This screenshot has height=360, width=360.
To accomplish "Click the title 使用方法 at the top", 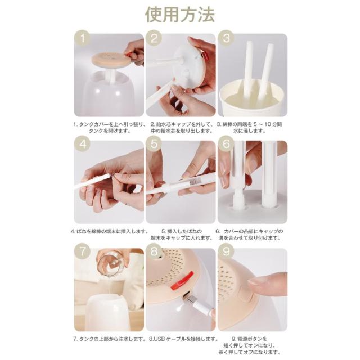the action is click(180, 15).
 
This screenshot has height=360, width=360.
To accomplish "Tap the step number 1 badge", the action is click(83, 38).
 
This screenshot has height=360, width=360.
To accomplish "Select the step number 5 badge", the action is click(154, 144).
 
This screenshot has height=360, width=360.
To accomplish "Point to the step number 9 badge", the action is click(226, 251).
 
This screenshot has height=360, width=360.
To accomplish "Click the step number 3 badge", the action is click(226, 38).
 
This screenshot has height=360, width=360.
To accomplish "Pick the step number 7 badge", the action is click(83, 251).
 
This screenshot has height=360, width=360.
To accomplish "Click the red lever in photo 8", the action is click(183, 280).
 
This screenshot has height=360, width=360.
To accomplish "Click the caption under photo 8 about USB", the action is click(183, 339).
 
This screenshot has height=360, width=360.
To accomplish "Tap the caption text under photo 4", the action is click(110, 231).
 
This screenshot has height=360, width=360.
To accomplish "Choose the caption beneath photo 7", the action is click(110, 339).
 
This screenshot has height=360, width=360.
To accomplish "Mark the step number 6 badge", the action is click(226, 144).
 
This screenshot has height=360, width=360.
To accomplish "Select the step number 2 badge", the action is click(154, 38).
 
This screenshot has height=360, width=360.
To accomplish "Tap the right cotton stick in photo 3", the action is click(265, 73).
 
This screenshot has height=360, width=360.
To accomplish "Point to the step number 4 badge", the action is click(83, 144).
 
